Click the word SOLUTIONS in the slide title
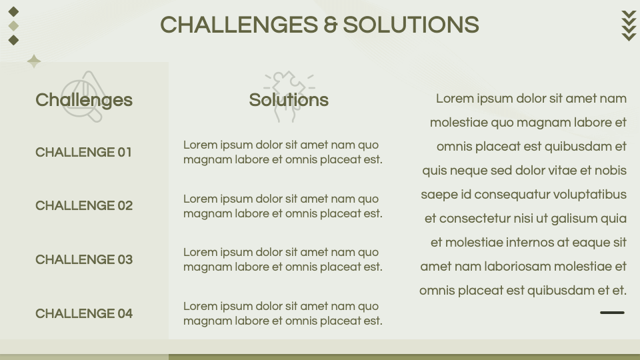point(411,25)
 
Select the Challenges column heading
point(84,100)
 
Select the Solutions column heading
point(289,100)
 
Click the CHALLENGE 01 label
point(84,152)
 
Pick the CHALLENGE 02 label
point(84,205)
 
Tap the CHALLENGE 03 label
point(84,259)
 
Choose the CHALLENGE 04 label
point(84,313)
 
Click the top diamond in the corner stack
point(13,11)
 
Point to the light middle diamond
point(13,26)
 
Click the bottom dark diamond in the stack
point(13,40)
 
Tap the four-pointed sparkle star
point(34,61)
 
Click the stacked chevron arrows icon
point(629,26)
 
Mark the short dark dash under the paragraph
point(612,312)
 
